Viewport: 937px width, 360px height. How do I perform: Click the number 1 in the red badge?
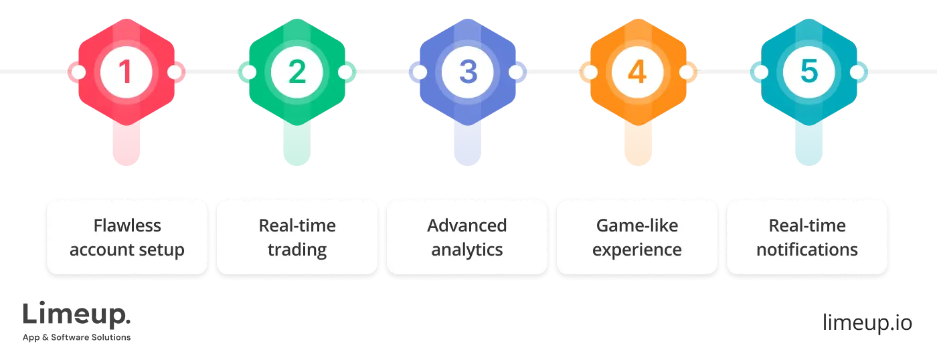tap(126, 72)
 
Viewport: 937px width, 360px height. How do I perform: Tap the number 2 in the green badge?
tap(296, 72)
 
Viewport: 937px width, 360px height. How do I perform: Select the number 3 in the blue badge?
tap(467, 72)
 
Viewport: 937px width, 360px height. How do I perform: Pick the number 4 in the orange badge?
tap(637, 72)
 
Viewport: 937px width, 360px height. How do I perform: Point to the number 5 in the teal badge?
tap(808, 72)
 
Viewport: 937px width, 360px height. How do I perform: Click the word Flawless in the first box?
tap(127, 226)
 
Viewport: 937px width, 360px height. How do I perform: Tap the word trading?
tap(297, 250)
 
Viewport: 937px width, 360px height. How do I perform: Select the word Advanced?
tap(467, 226)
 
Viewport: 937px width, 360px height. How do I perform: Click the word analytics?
tap(467, 250)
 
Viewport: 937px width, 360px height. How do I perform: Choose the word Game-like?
tap(637, 226)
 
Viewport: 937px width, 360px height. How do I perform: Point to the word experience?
tap(637, 250)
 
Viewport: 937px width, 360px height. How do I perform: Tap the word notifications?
tap(807, 250)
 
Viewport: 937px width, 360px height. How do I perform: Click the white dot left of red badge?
tap(78, 72)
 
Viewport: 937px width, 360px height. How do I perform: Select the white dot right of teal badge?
tap(857, 72)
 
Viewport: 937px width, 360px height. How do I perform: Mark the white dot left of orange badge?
tap(589, 72)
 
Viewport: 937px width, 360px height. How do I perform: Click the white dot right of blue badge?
tap(515, 72)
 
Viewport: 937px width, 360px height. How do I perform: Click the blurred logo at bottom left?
tap(77, 320)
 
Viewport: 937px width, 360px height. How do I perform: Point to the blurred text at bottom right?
tap(867, 322)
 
